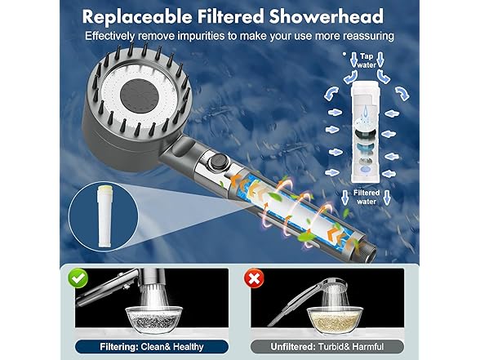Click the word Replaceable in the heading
[x=137, y=16]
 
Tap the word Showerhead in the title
[x=327, y=16]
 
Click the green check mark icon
[x=78, y=278]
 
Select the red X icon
[x=254, y=278]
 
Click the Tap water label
[x=367, y=60]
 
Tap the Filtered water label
[x=367, y=197]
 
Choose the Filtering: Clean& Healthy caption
[x=152, y=346]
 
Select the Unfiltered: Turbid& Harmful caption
[x=327, y=346]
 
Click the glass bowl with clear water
[x=153, y=320]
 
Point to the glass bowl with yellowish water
[x=335, y=320]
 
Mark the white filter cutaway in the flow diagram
[x=365, y=131]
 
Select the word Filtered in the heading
[x=230, y=16]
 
